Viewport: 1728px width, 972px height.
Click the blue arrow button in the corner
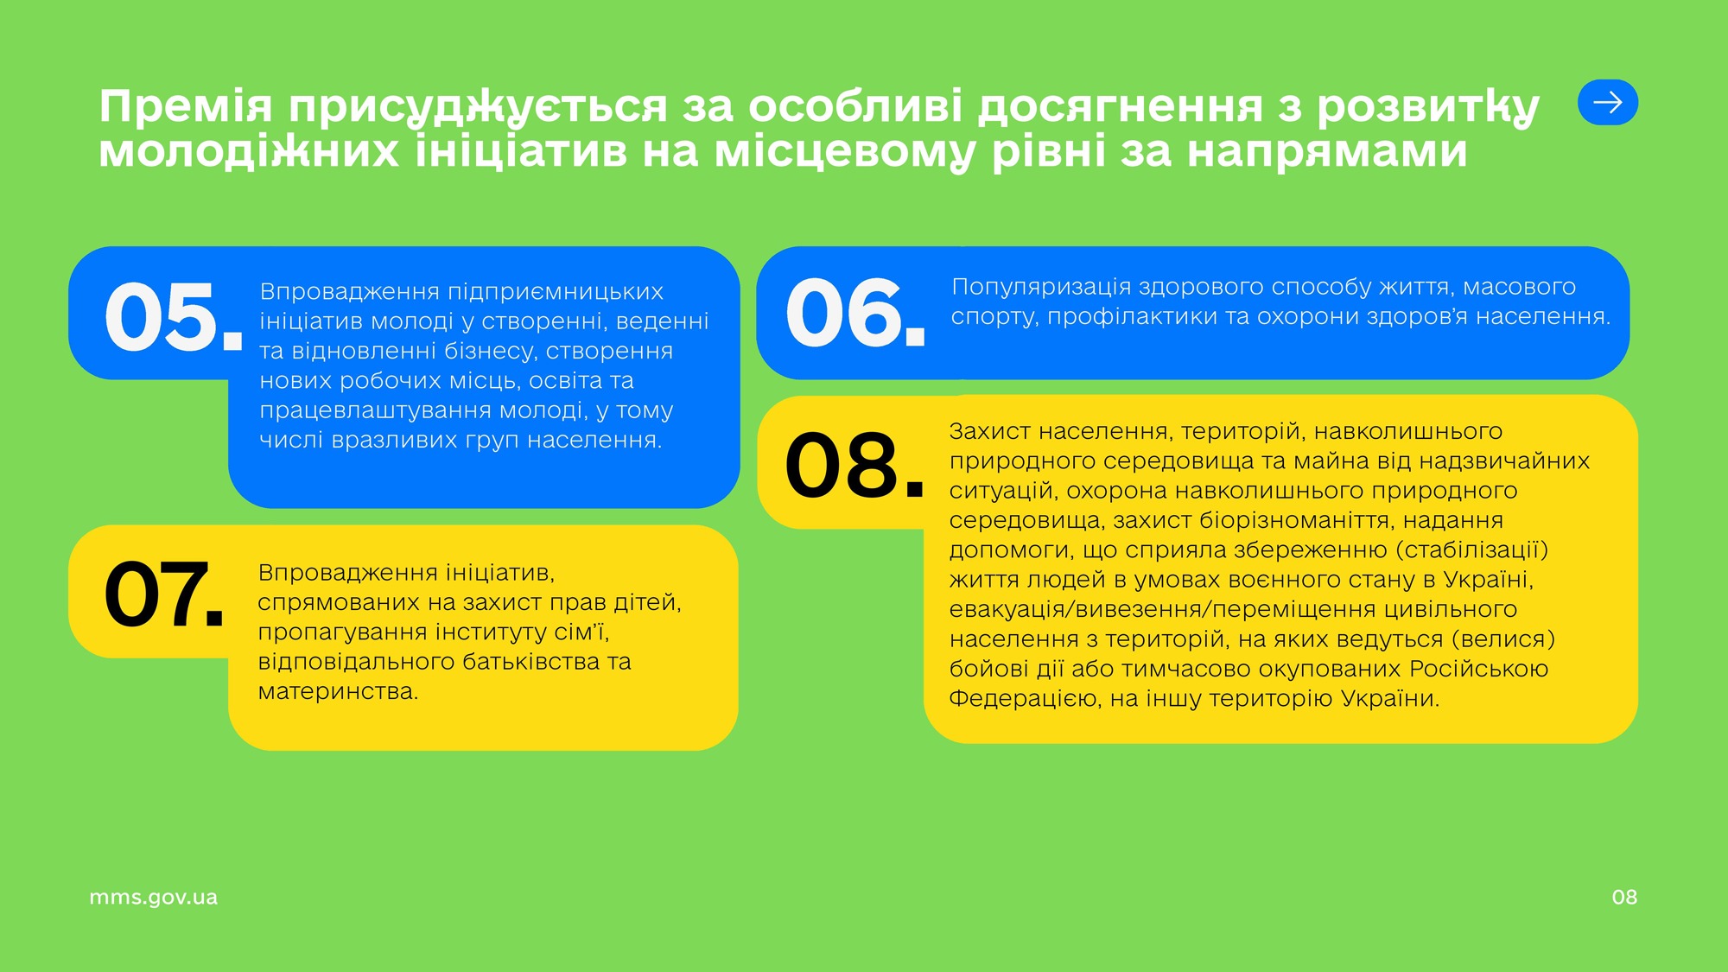[x=1608, y=103]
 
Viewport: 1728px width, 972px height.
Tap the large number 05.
[x=173, y=317]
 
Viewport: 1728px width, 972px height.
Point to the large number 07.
[x=164, y=594]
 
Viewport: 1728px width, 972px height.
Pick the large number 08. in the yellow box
[x=854, y=466]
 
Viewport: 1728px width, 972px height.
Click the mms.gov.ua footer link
[x=154, y=898]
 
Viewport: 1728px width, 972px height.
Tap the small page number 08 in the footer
[x=1624, y=898]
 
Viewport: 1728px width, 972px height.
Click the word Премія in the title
[x=186, y=107]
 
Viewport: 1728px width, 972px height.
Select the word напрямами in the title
[x=1327, y=153]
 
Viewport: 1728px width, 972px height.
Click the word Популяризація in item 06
[x=1041, y=288]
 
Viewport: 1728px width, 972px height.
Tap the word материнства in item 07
[x=338, y=692]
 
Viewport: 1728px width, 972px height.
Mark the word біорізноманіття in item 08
[x=1294, y=520]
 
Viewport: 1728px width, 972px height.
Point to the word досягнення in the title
[x=1120, y=107]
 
